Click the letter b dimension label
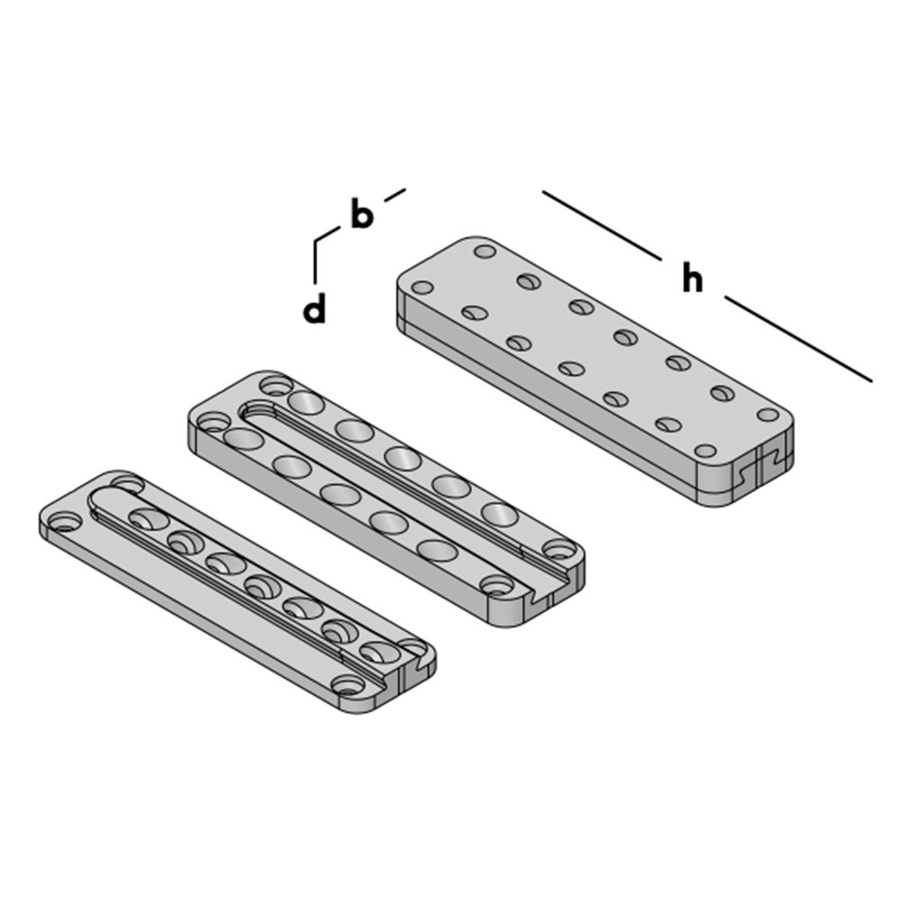tap(360, 216)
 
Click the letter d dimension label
tap(314, 310)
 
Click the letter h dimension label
tap(691, 280)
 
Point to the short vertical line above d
tap(315, 259)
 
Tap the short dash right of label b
tap(395, 193)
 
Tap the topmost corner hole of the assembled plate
tap(485, 251)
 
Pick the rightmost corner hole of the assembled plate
tap(768, 414)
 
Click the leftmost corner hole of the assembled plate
tap(422, 289)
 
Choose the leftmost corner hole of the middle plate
tap(212, 422)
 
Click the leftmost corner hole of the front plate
tap(64, 521)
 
